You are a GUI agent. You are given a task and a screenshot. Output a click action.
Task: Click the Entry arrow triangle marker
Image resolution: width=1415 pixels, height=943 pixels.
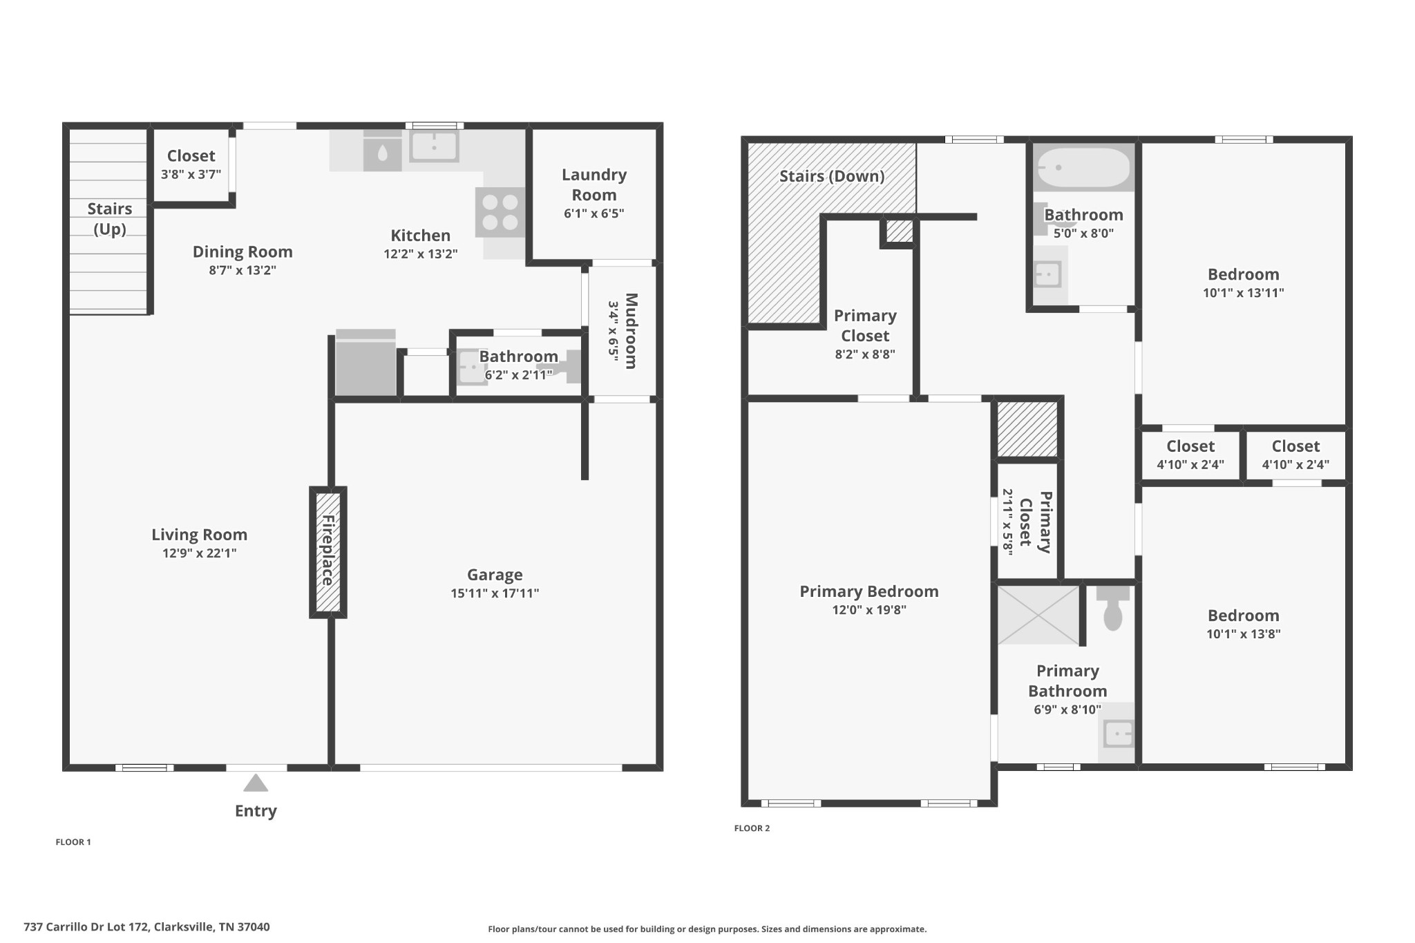pyautogui.click(x=256, y=783)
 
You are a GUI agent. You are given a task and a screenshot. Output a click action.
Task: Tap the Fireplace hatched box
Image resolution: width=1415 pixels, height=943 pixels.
pyautogui.click(x=327, y=552)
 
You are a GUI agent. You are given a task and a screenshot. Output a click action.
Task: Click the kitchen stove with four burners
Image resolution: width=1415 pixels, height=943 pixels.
pyautogui.click(x=500, y=212)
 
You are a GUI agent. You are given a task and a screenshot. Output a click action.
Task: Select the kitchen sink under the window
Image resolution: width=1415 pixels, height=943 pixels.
pyautogui.click(x=434, y=146)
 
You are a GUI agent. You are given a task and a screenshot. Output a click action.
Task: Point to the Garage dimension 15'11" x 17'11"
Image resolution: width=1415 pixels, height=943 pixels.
pyautogui.click(x=495, y=593)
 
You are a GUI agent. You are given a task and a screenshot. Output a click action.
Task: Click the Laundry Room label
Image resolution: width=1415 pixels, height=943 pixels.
pyautogui.click(x=593, y=184)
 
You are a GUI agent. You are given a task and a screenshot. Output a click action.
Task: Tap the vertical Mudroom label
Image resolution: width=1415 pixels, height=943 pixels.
pyautogui.click(x=631, y=331)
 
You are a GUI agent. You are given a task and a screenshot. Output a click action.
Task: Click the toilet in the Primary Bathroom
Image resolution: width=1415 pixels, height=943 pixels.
pyautogui.click(x=1112, y=609)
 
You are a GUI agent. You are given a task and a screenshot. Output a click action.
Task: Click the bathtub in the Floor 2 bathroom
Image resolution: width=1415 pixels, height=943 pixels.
pyautogui.click(x=1083, y=167)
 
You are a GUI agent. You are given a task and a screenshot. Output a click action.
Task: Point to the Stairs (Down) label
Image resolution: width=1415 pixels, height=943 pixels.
pyautogui.click(x=832, y=176)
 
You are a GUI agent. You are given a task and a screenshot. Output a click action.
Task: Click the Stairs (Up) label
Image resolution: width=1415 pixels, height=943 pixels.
pyautogui.click(x=110, y=218)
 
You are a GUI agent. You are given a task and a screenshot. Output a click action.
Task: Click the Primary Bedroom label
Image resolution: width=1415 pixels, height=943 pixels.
pyautogui.click(x=868, y=591)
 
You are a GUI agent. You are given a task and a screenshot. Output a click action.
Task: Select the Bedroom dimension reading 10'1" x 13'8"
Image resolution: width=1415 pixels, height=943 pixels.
pyautogui.click(x=1243, y=634)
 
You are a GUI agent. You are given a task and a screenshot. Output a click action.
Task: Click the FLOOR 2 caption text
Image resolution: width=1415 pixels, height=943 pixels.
pyautogui.click(x=752, y=828)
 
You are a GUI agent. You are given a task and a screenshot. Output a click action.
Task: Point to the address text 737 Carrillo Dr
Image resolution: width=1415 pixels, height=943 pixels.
pyautogui.click(x=146, y=927)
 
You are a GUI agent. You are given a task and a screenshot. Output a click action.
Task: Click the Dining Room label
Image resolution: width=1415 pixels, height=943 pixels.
pyautogui.click(x=243, y=252)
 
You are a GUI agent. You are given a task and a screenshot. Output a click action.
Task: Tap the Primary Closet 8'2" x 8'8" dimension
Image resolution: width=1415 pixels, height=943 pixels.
pyautogui.click(x=865, y=354)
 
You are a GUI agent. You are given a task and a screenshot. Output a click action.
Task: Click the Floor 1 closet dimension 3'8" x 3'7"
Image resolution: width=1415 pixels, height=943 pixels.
pyautogui.click(x=191, y=175)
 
